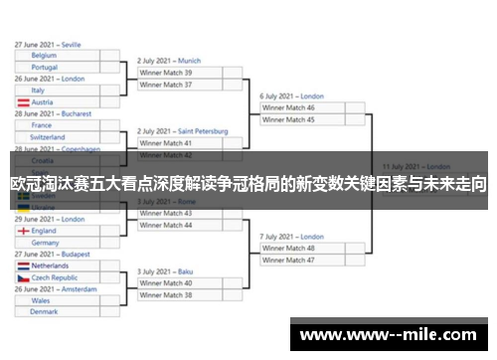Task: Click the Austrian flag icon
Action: [22, 101]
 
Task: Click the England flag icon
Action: [22, 231]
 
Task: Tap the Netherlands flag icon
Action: [22, 267]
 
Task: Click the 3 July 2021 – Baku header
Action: [165, 271]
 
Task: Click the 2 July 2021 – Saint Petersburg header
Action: [182, 131]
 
